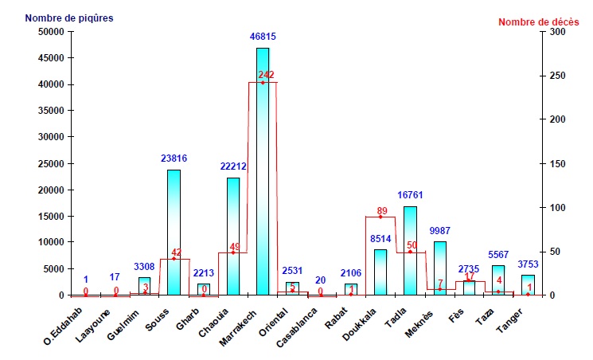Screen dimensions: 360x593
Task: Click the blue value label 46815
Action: click(x=263, y=37)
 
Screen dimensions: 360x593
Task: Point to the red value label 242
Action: click(x=266, y=75)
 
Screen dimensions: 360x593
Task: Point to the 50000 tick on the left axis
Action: click(x=50, y=32)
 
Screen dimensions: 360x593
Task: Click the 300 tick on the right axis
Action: click(x=554, y=32)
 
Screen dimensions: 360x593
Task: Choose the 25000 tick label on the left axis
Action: click(x=50, y=163)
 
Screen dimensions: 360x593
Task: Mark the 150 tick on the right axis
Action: click(x=554, y=163)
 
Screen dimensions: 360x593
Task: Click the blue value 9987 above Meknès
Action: click(x=440, y=231)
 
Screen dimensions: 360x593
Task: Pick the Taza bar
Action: click(x=498, y=280)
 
